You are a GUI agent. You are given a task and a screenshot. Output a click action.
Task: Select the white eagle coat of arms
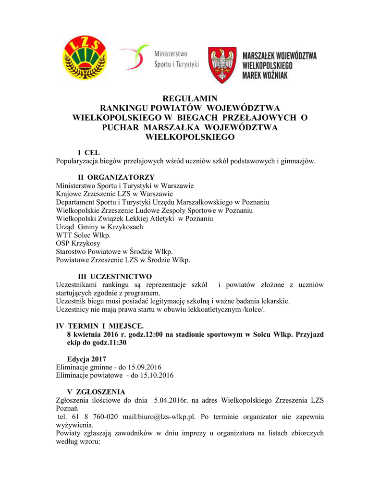(221, 65)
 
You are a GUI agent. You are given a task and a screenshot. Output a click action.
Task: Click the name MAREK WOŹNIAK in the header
(265, 75)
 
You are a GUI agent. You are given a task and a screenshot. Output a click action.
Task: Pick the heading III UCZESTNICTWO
(115, 276)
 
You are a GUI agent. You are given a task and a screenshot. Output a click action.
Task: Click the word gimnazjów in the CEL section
(297, 161)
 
